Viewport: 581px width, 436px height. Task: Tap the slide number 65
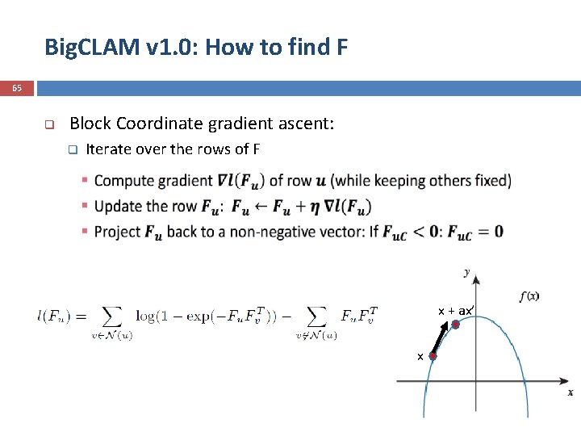[x=17, y=88]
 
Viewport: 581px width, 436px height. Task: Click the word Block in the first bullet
[x=90, y=124]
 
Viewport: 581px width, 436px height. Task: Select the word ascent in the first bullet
[x=308, y=124]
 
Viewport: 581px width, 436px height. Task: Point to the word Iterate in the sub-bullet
[x=109, y=149]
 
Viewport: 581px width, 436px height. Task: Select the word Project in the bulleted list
[x=118, y=232]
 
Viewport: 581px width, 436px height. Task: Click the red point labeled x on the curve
[x=433, y=355]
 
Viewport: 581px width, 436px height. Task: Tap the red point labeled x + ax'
[x=455, y=325]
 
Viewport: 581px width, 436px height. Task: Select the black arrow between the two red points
[x=444, y=339]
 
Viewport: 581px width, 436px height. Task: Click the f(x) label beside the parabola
[x=529, y=296]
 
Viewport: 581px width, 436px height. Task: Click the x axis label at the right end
[x=570, y=392]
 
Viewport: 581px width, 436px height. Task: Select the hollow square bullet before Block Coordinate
[x=48, y=124]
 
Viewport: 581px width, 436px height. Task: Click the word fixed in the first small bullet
[x=487, y=180]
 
